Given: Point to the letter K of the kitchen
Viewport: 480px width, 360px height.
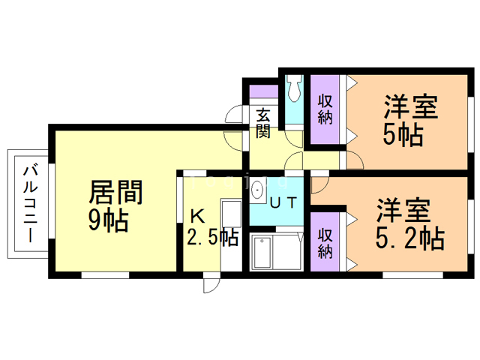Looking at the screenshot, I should click(196, 217).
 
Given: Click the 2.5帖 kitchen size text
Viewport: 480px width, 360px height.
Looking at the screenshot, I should click(211, 238).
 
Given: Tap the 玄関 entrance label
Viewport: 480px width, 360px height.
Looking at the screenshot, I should click(263, 123).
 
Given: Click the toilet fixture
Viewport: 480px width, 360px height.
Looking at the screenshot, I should click(293, 89).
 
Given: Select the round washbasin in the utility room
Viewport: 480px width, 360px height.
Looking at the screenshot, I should click(259, 188).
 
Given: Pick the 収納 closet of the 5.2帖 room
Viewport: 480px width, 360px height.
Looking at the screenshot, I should click(325, 241).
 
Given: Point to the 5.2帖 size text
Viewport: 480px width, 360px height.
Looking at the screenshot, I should click(409, 238).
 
